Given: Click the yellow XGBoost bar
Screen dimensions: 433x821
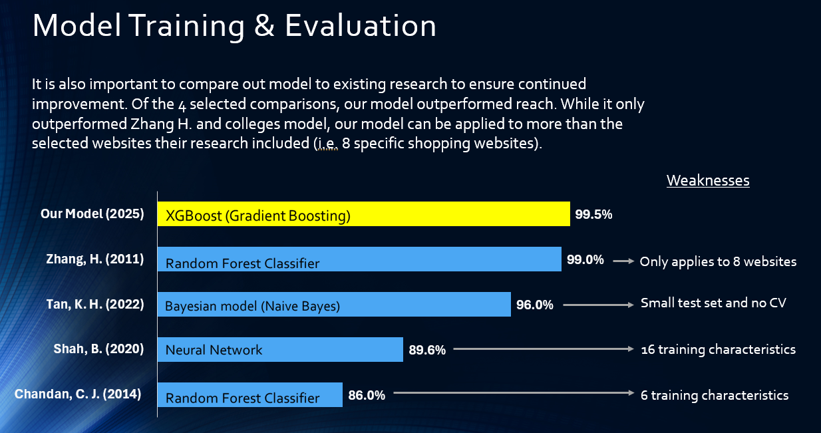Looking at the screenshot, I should pyautogui.click(x=363, y=214).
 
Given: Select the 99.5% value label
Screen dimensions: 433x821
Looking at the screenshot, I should pyautogui.click(x=593, y=215).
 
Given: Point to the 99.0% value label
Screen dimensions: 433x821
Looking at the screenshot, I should pyautogui.click(x=585, y=260).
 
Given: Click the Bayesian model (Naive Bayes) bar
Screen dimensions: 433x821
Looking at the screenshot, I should pyautogui.click(x=334, y=305).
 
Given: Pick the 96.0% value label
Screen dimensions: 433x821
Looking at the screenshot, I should pyautogui.click(x=535, y=305).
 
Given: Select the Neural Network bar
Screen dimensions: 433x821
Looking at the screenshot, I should pyautogui.click(x=280, y=349).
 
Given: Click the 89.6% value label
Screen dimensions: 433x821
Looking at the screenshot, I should pyautogui.click(x=427, y=350).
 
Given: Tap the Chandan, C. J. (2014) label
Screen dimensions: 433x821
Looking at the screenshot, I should pyautogui.click(x=78, y=394).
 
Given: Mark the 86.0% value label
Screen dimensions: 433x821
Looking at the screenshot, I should pyautogui.click(x=367, y=395).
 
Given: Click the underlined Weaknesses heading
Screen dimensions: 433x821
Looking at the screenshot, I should pyautogui.click(x=708, y=181).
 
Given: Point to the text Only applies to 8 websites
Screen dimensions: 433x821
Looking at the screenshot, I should pyautogui.click(x=718, y=261).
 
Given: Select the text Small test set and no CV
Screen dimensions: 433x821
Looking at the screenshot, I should pyautogui.click(x=713, y=303).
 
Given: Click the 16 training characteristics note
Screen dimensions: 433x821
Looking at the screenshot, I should pyautogui.click(x=718, y=349).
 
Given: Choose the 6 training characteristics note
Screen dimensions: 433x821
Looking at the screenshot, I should pyautogui.click(x=715, y=395).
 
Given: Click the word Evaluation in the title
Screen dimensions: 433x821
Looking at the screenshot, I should pyautogui.click(x=361, y=25).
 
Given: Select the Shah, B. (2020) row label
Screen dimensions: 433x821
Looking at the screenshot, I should pyautogui.click(x=98, y=349).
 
